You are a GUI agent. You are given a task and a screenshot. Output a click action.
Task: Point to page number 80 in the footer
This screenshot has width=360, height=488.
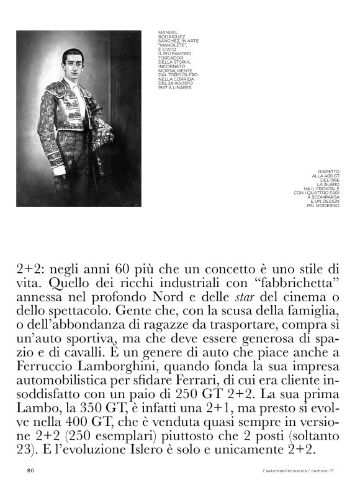pyautogui.click(x=30, y=471)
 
